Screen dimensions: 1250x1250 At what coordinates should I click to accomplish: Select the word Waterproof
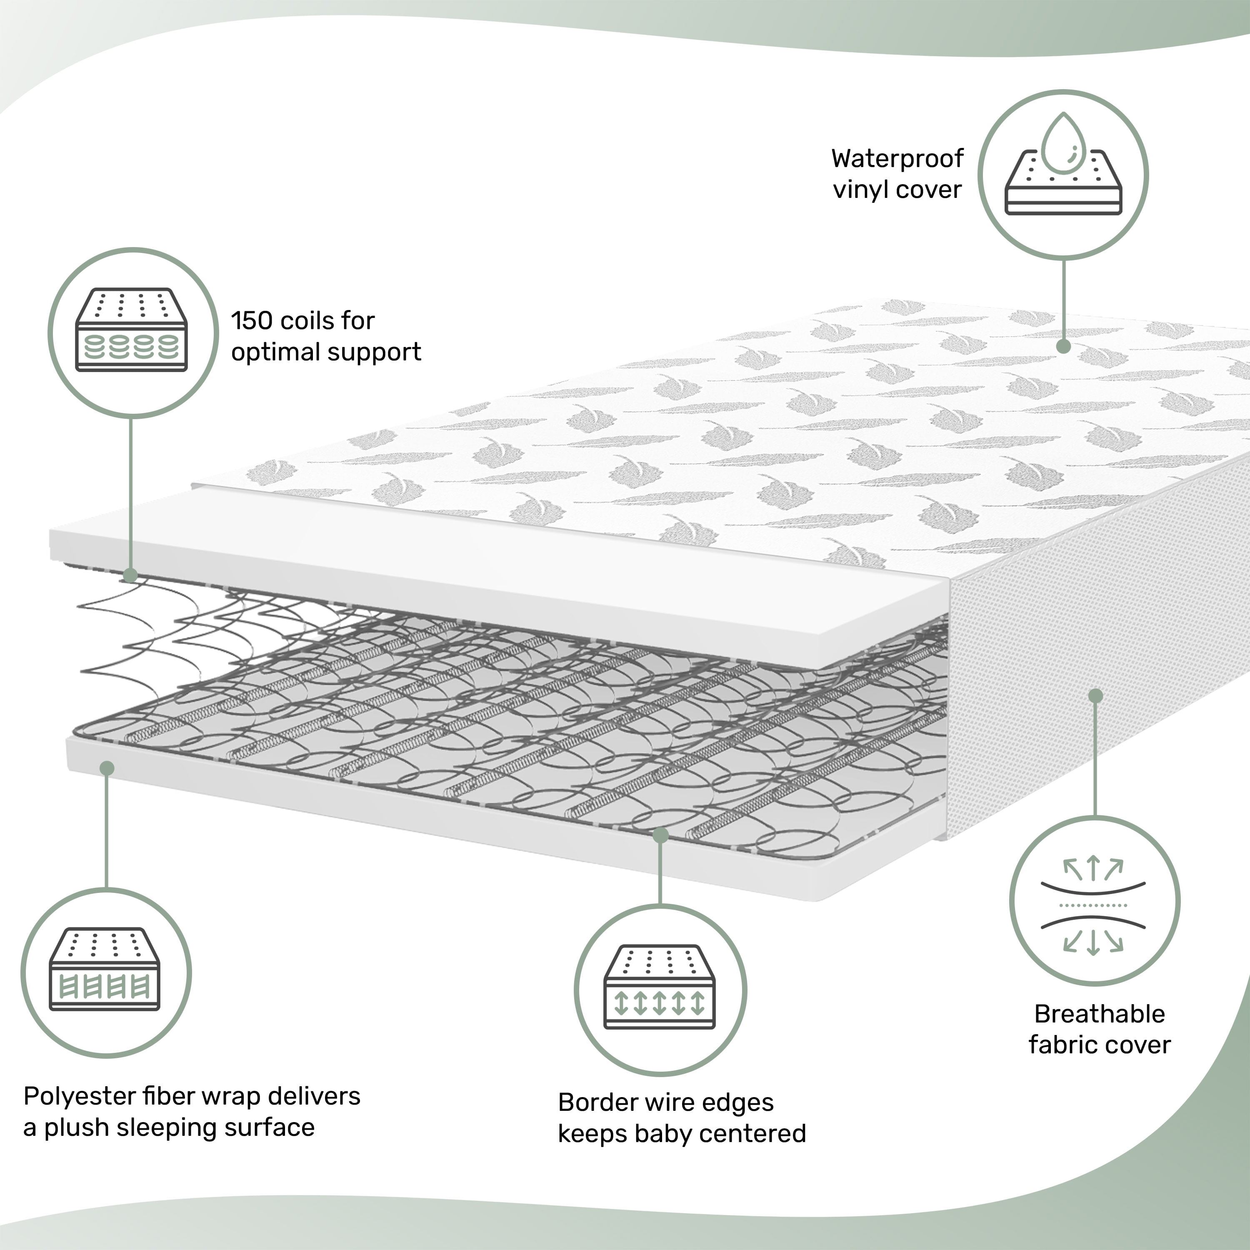(897, 158)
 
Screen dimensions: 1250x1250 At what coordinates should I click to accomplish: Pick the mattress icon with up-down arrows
(659, 986)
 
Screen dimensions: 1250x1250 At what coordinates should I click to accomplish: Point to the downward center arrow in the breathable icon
(1093, 942)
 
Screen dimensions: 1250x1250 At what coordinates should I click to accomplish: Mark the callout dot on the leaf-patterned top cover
(1064, 347)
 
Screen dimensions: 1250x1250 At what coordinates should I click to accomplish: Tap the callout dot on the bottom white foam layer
(107, 768)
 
